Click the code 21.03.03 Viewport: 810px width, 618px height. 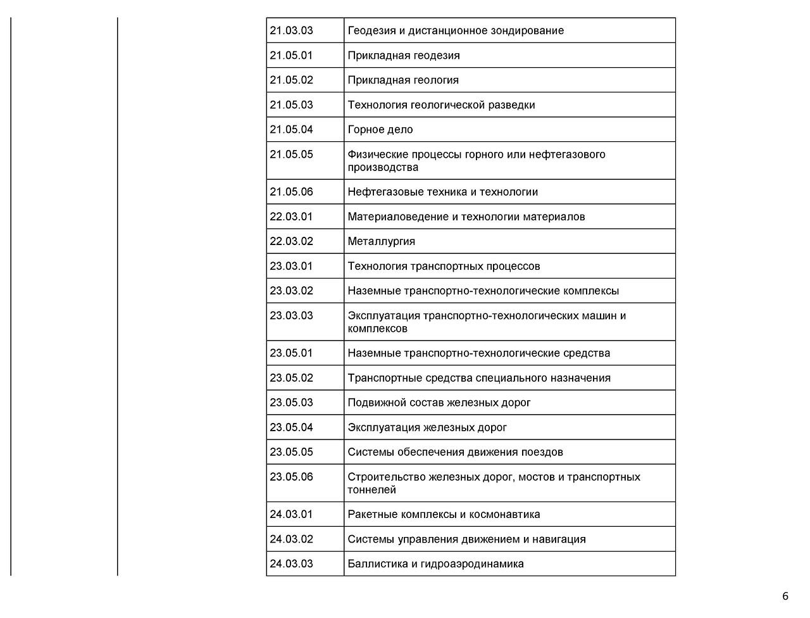click(291, 30)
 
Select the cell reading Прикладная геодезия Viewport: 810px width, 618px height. click(404, 55)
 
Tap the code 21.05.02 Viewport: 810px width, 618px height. click(291, 80)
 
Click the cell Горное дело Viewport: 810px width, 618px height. click(380, 129)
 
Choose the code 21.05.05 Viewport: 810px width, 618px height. click(291, 154)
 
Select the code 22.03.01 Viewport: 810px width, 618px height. click(291, 217)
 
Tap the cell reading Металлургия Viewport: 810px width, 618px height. click(382, 241)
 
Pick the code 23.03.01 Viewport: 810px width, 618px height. click(291, 266)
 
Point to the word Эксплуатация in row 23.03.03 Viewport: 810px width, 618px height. click(383, 315)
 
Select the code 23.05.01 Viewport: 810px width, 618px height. click(291, 353)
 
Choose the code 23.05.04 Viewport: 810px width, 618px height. click(291, 427)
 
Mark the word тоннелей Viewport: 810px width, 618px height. click(372, 490)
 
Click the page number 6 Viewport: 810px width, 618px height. click(785, 596)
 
